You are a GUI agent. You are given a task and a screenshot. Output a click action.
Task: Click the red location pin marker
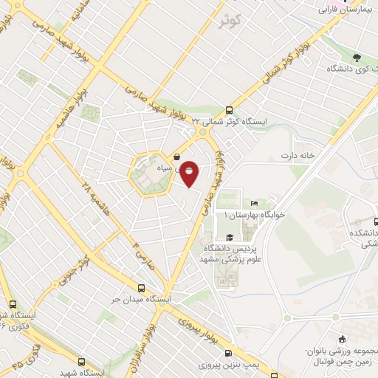190,174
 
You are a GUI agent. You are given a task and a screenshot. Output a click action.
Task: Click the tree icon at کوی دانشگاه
357,57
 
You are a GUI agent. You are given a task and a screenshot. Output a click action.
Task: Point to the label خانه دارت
298,156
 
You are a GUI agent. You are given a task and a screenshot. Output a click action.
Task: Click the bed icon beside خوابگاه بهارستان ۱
255,202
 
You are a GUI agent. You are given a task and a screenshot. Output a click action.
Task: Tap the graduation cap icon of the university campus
230,237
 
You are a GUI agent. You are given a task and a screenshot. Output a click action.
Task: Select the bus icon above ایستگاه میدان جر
142,289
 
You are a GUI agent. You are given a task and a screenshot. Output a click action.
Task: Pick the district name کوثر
230,21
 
